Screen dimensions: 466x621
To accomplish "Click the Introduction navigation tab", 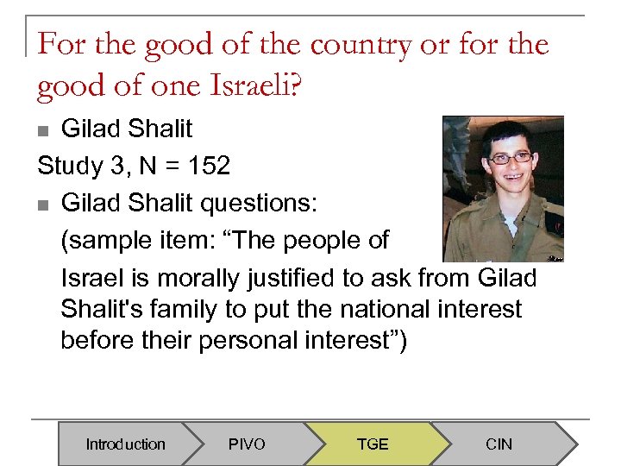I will click(x=125, y=444).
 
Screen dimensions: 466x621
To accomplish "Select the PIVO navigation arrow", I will click(x=247, y=444).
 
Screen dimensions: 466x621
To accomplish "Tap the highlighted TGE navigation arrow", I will click(x=373, y=444).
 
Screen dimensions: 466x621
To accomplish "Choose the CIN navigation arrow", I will click(x=499, y=444).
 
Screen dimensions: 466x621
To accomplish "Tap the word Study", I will click(x=68, y=166).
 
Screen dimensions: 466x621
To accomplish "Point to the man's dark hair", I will click(x=509, y=131).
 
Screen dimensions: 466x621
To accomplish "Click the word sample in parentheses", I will click(x=113, y=241).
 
